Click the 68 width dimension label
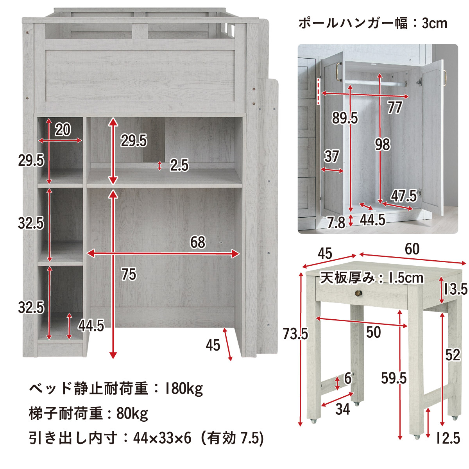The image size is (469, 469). tap(198, 242)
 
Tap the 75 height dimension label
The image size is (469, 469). tap(129, 274)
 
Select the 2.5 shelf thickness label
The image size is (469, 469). tap(179, 165)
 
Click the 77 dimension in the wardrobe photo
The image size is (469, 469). tap(395, 107)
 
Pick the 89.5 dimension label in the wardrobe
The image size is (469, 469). tap(345, 118)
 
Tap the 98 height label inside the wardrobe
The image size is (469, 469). tap(383, 145)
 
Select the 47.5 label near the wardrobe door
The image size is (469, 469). tap(404, 196)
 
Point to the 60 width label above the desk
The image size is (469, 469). tap(412, 249)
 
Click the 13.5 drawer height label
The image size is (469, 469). tap(456, 289)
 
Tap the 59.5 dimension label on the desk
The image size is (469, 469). tap(394, 378)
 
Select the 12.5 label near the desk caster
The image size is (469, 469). tap(448, 438)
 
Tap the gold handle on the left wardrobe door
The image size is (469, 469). tap(338, 72)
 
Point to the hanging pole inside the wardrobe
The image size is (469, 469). tap(375, 83)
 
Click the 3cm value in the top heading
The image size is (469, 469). tap(434, 23)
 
